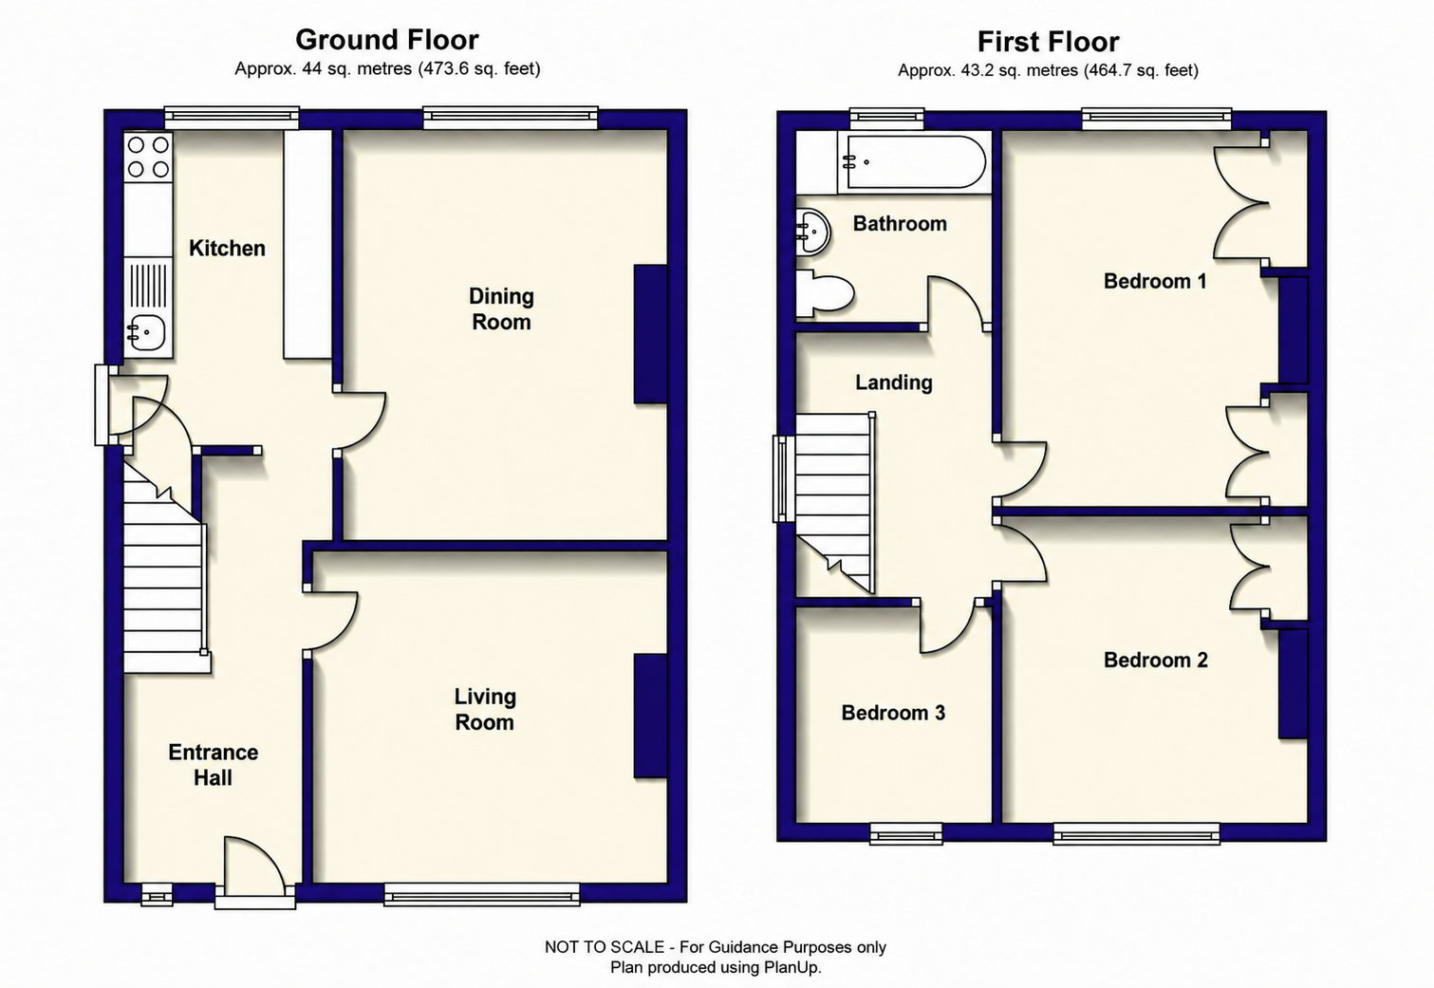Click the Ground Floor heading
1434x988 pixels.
click(386, 41)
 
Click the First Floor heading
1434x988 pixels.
click(1048, 43)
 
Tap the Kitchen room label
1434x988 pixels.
click(227, 249)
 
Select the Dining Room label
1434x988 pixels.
click(501, 308)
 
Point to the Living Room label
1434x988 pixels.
click(485, 710)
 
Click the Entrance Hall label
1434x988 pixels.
click(214, 765)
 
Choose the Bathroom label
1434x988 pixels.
click(900, 223)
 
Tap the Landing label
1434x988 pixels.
click(894, 382)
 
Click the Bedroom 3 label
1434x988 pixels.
click(893, 713)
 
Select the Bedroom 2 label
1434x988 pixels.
click(1156, 661)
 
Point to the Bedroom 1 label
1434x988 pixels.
click(1155, 281)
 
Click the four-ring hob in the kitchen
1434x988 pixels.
click(148, 157)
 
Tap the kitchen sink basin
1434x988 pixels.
click(147, 332)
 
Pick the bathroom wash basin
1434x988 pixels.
click(813, 233)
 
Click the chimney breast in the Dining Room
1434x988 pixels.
click(650, 334)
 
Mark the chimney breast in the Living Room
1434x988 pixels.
click(650, 716)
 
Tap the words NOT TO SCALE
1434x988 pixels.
click(605, 947)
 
